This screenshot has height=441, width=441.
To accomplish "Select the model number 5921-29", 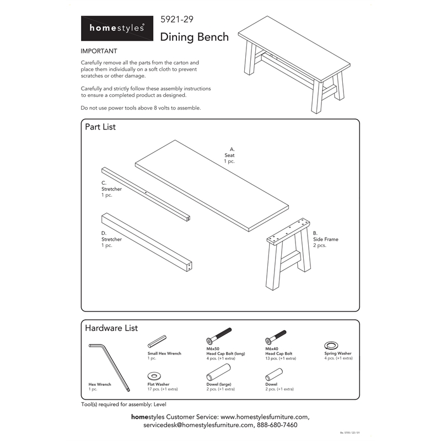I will [x=176, y=20].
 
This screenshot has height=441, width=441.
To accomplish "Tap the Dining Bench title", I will [x=194, y=37].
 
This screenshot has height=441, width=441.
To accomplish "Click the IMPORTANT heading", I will [x=99, y=51].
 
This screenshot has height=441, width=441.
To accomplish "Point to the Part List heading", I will [x=100, y=127].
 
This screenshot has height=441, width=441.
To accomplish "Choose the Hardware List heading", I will [x=111, y=328].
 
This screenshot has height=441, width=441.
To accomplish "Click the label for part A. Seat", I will [x=229, y=155].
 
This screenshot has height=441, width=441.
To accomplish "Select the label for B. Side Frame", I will [x=325, y=239].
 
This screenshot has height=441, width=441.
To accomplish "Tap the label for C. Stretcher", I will [x=111, y=189].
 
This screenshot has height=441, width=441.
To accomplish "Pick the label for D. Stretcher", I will [x=111, y=239].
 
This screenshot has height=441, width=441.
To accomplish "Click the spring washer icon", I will [x=331, y=345].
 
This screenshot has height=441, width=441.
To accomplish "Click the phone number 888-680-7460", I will [x=277, y=425].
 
